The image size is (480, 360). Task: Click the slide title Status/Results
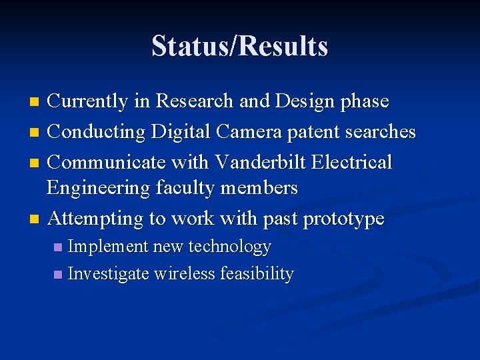(239, 47)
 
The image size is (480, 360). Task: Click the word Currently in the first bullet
(87, 101)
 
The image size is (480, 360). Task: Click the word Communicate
(105, 162)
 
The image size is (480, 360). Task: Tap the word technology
(229, 247)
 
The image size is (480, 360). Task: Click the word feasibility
(257, 274)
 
